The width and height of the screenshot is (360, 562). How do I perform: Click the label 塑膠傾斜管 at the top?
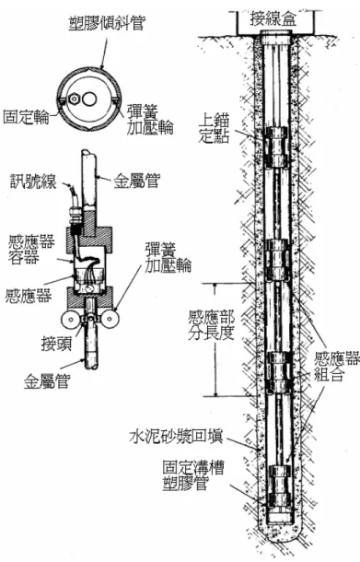click(x=107, y=23)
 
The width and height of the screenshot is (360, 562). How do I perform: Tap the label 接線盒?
click(x=273, y=18)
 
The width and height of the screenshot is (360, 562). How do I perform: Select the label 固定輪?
click(x=26, y=116)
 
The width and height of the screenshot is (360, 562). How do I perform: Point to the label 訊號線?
click(x=33, y=181)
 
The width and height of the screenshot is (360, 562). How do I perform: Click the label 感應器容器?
click(x=31, y=250)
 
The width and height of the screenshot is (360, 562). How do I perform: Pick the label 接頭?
click(x=56, y=344)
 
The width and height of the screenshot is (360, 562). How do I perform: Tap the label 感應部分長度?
click(x=212, y=325)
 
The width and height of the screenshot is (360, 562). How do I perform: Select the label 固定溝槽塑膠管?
click(x=193, y=475)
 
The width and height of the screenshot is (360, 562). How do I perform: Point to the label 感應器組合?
click(x=336, y=367)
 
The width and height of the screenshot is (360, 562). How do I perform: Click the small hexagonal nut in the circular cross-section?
click(x=75, y=99)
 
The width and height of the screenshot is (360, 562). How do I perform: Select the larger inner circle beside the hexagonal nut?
click(x=88, y=99)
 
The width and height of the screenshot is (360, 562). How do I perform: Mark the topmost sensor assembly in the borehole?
click(x=277, y=146)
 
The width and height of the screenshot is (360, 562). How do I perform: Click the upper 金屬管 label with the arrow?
click(x=136, y=181)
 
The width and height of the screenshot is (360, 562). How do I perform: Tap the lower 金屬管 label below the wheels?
click(x=46, y=381)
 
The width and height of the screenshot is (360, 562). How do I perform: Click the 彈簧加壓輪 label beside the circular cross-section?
click(x=150, y=120)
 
